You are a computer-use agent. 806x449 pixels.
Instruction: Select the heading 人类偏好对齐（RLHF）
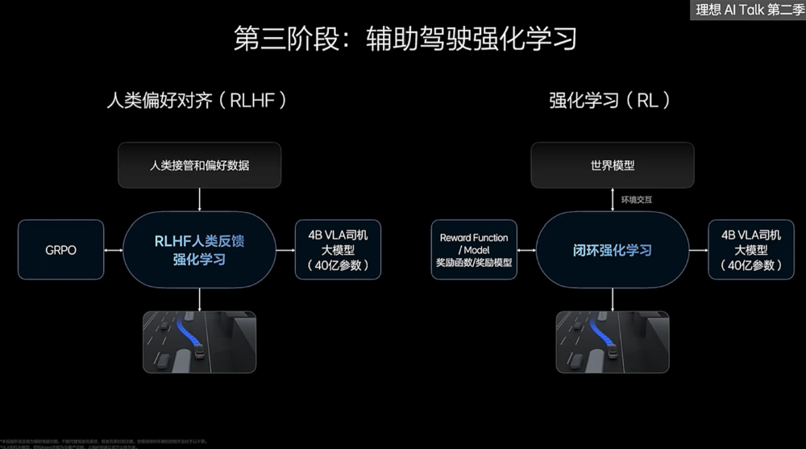[197, 101]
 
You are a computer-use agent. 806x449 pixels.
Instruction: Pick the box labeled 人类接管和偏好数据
[199, 165]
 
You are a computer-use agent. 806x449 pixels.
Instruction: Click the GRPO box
[61, 250]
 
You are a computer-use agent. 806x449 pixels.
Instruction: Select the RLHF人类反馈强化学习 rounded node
[199, 250]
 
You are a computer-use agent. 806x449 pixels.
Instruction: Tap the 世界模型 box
[613, 165]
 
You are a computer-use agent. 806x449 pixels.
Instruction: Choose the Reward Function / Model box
[474, 250]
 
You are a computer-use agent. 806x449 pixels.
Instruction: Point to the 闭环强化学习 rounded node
[613, 250]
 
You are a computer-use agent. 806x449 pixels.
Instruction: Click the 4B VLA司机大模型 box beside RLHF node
[338, 250]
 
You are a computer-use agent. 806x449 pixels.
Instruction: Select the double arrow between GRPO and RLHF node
[114, 250]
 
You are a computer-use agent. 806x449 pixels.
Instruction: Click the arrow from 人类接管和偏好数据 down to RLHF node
[199, 200]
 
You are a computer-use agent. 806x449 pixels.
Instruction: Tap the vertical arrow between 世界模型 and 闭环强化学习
[613, 200]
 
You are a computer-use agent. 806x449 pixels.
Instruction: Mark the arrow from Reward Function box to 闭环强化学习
[526, 250]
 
